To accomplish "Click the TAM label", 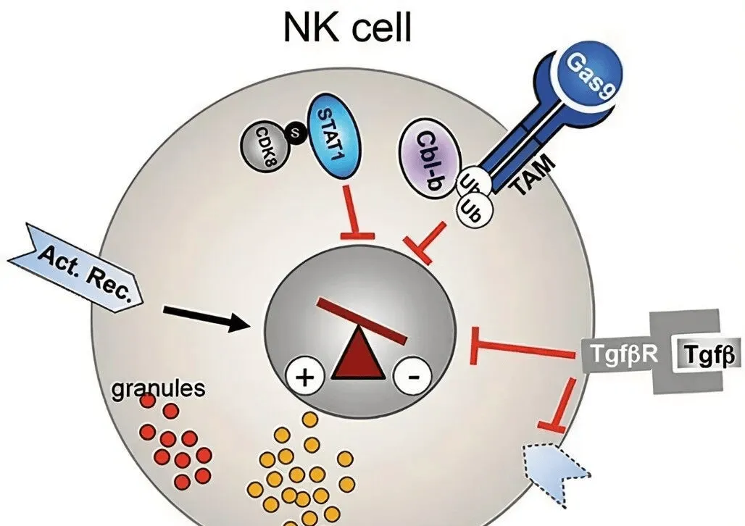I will pyautogui.click(x=534, y=177).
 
